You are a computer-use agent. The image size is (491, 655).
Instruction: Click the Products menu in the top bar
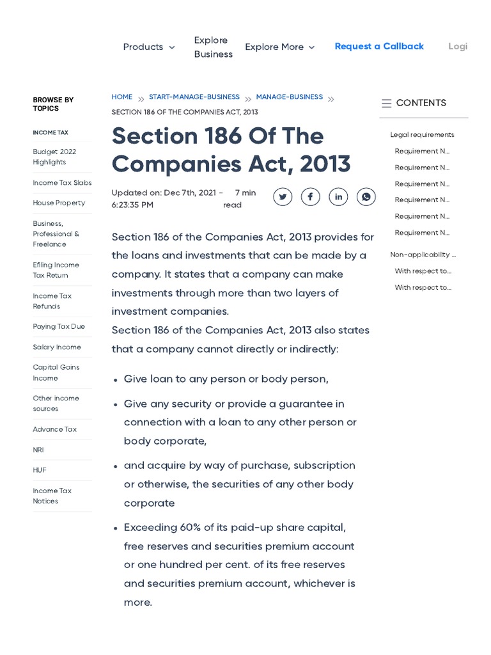(x=148, y=47)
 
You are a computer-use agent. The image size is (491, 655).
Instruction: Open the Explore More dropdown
(x=279, y=47)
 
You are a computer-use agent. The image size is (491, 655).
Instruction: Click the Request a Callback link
(x=379, y=46)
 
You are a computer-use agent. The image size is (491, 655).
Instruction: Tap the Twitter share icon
(x=283, y=197)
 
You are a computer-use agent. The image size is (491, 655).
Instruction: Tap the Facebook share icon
(x=310, y=197)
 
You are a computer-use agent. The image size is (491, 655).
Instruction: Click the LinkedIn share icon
(x=338, y=197)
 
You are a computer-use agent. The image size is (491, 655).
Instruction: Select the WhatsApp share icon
(x=366, y=197)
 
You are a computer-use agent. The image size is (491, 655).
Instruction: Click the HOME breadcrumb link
(x=121, y=97)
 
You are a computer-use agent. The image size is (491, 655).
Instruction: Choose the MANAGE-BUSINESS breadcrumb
(x=289, y=97)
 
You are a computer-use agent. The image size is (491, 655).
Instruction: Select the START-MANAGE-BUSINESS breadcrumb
(x=194, y=97)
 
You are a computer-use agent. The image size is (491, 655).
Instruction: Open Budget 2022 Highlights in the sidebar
(x=54, y=157)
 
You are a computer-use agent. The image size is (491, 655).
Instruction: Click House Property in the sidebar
(x=59, y=203)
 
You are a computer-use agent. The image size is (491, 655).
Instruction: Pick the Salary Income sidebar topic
(x=57, y=347)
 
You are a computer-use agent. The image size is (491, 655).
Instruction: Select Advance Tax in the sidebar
(x=54, y=429)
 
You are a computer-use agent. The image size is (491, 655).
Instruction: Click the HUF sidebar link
(x=40, y=470)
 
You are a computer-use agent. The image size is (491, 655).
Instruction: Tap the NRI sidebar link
(x=38, y=450)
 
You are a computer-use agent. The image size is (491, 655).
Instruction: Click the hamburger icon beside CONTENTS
(x=386, y=103)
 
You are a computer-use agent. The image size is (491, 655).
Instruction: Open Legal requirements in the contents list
(x=422, y=135)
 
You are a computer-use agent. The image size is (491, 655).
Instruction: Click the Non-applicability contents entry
(x=423, y=255)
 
